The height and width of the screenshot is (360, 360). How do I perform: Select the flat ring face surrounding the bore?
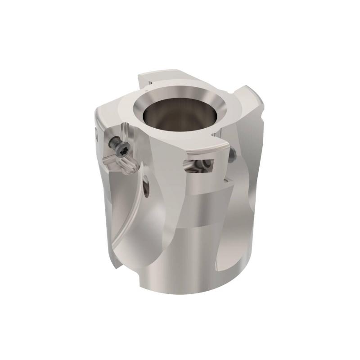pos(135,112)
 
